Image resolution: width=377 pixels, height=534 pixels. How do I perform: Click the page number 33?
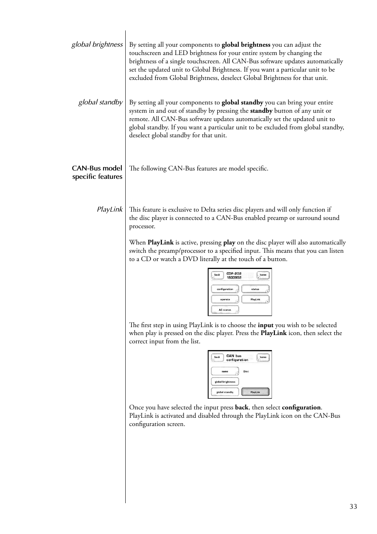coord(353,507)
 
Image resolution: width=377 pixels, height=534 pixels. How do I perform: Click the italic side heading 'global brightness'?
coord(97,44)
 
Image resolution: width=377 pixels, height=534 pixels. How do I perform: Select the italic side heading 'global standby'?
coord(100,102)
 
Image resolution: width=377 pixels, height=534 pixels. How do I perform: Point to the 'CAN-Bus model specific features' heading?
coord(97,172)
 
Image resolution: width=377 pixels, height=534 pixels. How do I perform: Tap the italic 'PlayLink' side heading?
coord(109,209)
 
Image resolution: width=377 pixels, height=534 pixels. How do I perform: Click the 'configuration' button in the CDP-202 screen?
coord(225,289)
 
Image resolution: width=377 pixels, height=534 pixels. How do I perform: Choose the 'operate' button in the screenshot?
coord(225,299)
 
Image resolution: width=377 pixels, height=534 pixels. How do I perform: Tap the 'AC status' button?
coord(225,310)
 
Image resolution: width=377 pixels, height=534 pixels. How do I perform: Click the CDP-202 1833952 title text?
coord(234,276)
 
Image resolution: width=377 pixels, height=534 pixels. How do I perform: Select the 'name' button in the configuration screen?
coord(225,371)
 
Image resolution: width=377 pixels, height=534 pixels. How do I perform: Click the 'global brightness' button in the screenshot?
coord(225,382)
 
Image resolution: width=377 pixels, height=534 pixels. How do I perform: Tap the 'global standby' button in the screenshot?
coord(225,392)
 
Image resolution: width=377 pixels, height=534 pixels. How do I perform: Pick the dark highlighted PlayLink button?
coord(255,392)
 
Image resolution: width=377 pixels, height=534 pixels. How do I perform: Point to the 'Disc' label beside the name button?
coord(246,371)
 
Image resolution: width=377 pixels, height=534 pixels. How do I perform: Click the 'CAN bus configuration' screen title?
coord(237,358)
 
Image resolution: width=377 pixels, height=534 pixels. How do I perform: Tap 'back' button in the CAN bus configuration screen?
coord(217,357)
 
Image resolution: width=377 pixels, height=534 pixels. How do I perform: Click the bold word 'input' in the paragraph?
coord(266,325)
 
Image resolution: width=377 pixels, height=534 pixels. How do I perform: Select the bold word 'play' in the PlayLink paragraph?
coord(229,242)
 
